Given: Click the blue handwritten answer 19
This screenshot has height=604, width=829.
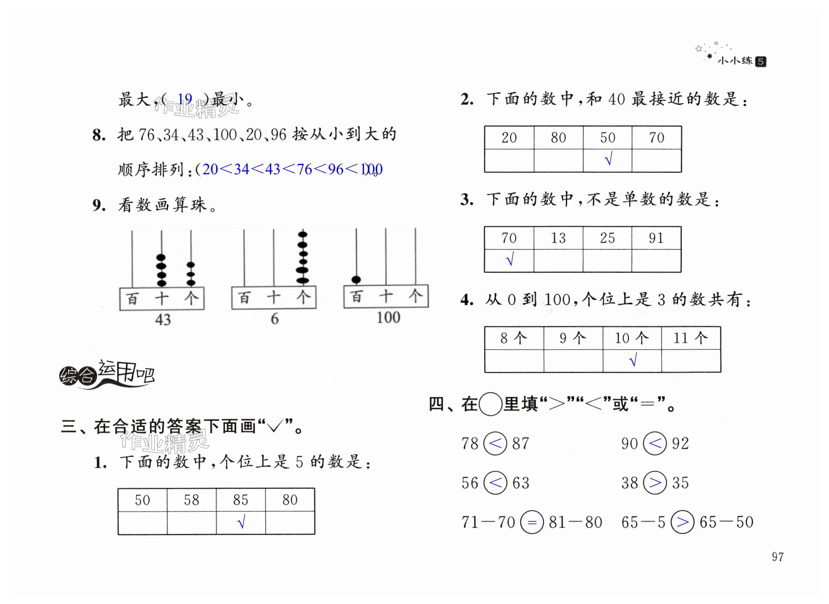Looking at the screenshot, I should [185, 99].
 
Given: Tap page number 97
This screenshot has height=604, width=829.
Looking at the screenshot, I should [778, 557].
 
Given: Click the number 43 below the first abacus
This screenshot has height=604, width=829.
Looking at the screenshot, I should [163, 320].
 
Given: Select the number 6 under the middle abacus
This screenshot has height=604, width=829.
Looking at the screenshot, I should [275, 319].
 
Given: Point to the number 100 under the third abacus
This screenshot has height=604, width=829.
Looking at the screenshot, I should [388, 318].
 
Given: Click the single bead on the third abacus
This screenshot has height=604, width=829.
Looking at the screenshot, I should [356, 280].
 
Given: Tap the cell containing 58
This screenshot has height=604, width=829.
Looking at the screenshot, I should [192, 500].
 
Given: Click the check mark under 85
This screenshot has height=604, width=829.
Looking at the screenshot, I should [241, 522].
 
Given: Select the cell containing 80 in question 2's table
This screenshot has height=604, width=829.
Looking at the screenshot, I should [558, 138].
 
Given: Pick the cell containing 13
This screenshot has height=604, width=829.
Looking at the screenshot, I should [558, 238].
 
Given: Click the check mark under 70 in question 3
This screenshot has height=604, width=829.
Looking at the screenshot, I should [510, 260].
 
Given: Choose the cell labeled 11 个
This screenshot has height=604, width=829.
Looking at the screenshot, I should [691, 338].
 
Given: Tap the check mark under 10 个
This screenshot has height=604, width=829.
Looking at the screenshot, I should [633, 360].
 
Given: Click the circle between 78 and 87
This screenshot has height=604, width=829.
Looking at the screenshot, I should [495, 443].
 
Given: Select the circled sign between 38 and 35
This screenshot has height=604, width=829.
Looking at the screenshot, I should [655, 483].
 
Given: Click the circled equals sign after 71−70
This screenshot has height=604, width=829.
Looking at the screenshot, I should [532, 522].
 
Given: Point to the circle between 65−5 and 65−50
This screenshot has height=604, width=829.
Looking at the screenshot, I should [682, 522].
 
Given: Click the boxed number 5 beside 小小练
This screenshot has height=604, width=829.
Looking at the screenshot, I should [761, 61].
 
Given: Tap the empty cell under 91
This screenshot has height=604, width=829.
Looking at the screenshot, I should [656, 261].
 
